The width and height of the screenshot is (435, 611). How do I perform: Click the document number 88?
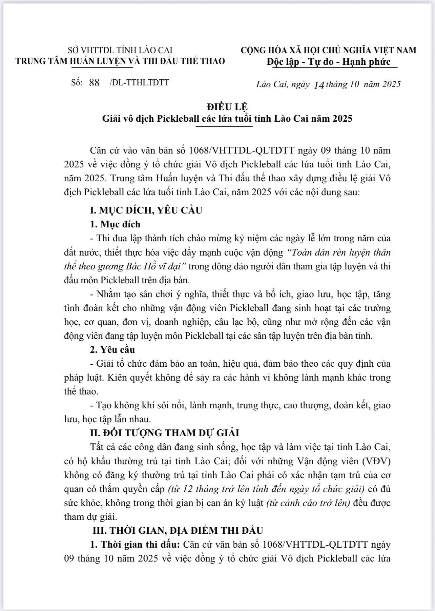coord(94,83)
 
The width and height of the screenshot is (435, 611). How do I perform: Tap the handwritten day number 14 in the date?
coord(319,85)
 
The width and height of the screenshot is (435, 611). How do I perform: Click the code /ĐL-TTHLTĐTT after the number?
coord(139,82)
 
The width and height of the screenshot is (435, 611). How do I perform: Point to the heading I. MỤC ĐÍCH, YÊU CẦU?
coord(146,210)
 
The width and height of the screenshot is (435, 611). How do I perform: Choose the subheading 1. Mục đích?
coord(115,224)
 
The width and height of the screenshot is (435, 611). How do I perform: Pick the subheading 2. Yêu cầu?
coord(112,349)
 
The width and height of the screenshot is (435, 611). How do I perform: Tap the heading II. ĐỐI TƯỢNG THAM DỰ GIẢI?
coord(164,433)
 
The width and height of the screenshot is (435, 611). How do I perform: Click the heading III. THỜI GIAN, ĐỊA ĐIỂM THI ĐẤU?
coord(178,530)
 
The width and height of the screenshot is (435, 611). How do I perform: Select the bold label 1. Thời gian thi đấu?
coord(135,545)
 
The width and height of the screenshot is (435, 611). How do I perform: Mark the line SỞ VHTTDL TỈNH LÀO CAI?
coord(120,50)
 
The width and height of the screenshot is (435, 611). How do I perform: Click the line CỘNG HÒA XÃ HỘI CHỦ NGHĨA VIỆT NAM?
coord(328,50)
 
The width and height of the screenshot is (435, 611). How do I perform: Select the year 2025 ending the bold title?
coord(343,119)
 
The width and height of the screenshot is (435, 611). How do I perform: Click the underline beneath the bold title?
coord(225,126)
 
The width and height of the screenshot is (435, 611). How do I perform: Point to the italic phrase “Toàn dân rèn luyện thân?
coord(338,252)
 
